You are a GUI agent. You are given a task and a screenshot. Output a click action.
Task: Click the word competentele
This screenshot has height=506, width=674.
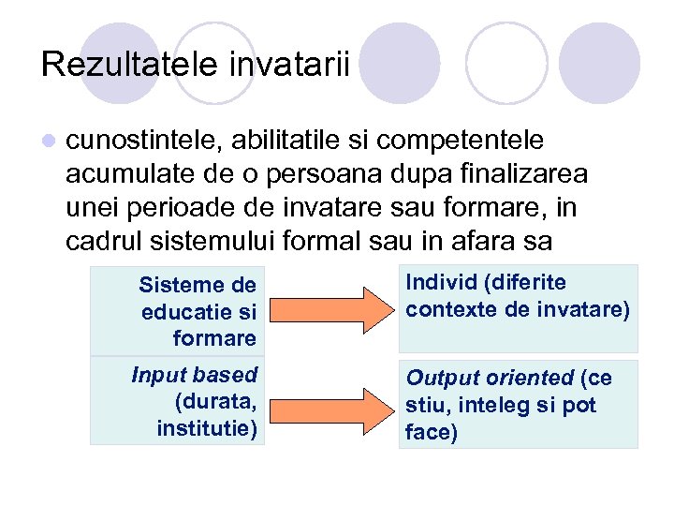coord(476,140)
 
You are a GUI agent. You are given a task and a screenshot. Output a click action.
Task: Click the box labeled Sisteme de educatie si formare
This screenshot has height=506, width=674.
coord(178,310)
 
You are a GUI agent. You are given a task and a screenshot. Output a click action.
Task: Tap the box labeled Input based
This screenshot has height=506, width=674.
coord(178,402)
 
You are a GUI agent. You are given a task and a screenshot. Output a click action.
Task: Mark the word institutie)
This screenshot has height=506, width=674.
coord(207,430)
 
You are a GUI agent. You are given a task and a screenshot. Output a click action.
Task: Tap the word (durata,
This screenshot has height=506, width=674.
coord(215,402)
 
